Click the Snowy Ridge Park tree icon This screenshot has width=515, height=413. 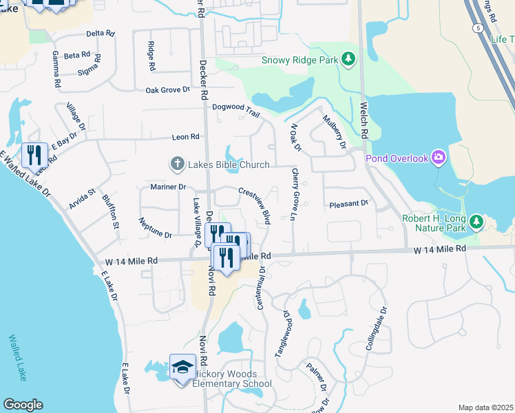pyautogui.click(x=349, y=60)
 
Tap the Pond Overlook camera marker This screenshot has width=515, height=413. pyautogui.click(x=439, y=158)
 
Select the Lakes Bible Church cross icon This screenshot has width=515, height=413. pyautogui.click(x=177, y=164)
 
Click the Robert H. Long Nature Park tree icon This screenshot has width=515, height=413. pyautogui.click(x=481, y=223)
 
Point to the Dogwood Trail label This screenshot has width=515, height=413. pyautogui.click(x=235, y=107)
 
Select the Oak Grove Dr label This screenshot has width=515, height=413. pyautogui.click(x=167, y=89)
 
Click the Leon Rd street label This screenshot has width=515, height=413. pyautogui.click(x=185, y=137)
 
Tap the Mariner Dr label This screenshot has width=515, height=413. pyautogui.click(x=168, y=187)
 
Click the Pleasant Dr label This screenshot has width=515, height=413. pyautogui.click(x=349, y=204)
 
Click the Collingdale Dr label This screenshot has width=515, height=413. pyautogui.click(x=378, y=329)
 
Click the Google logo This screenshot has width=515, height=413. pyautogui.click(x=23, y=405)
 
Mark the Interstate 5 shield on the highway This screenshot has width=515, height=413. pyautogui.click(x=477, y=28)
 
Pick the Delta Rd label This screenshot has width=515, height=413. pyautogui.click(x=99, y=33)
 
